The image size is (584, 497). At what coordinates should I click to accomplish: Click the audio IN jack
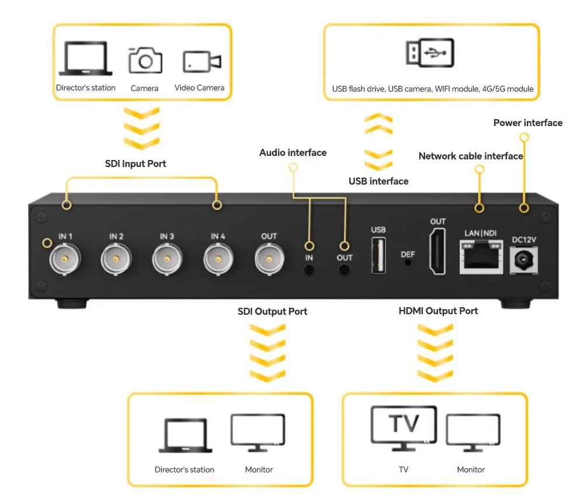click(310, 269)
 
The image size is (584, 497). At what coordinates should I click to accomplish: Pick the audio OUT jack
click(345, 269)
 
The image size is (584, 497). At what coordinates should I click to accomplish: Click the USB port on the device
click(378, 256)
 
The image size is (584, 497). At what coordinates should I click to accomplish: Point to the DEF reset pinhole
click(408, 262)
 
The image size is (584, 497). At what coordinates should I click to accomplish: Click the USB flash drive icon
click(430, 54)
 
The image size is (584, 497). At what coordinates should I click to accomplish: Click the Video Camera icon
click(202, 62)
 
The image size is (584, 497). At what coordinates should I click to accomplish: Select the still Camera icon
click(145, 60)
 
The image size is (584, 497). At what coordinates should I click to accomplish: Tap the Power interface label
click(527, 123)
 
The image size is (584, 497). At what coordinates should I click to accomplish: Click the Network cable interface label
click(471, 156)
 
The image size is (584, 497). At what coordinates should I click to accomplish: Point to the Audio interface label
click(293, 152)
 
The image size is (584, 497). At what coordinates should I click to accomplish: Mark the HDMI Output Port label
click(438, 311)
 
